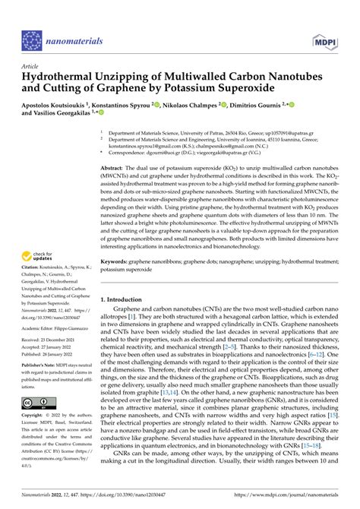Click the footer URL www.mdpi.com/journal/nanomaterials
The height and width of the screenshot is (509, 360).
tap(293, 502)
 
